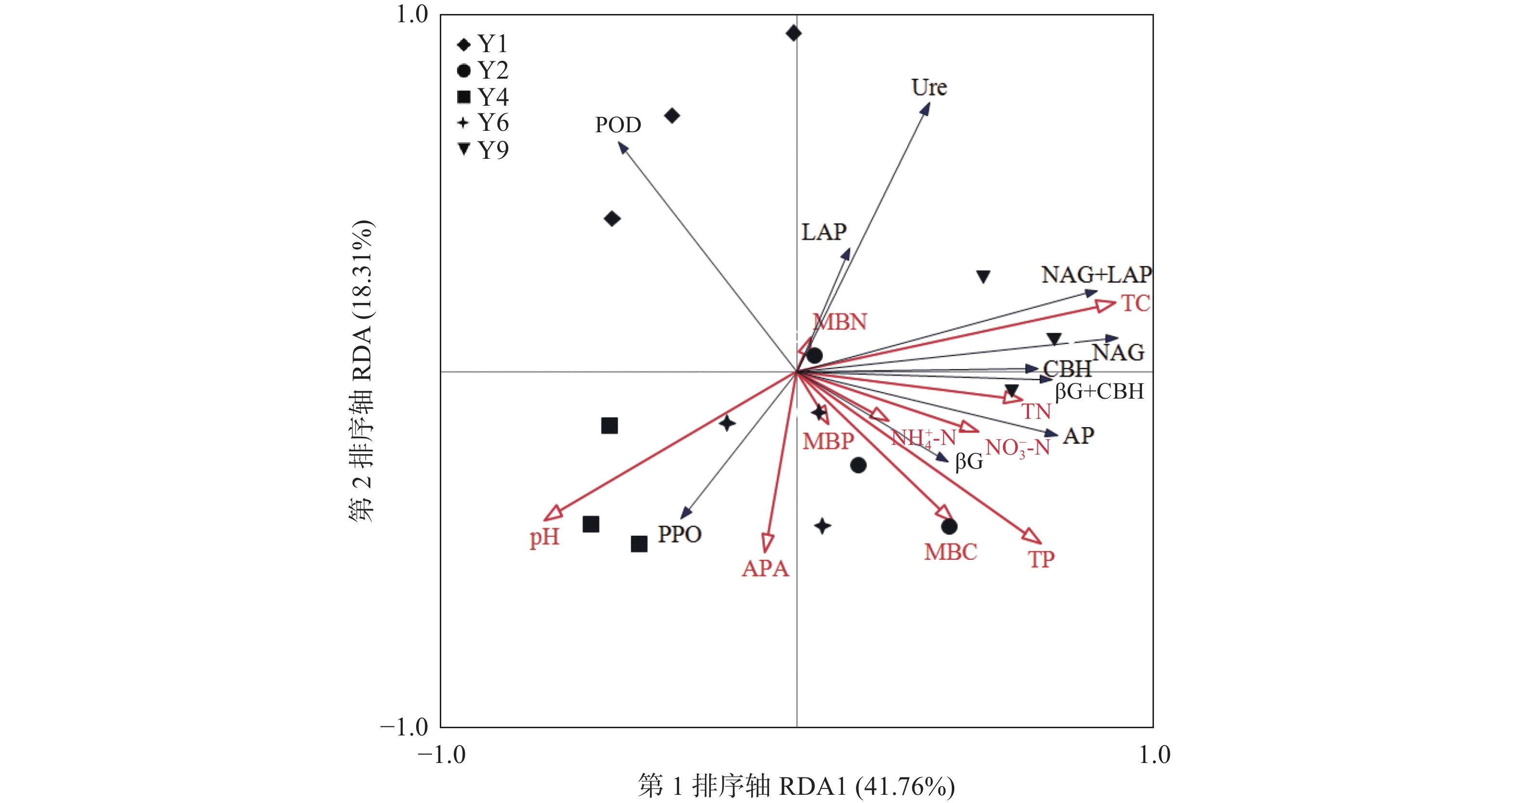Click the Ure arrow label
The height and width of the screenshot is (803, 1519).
coord(929,87)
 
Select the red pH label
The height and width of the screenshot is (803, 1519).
coord(543,537)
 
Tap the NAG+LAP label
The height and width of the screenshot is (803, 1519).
coord(1096,275)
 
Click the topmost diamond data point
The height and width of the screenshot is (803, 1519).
coord(794,33)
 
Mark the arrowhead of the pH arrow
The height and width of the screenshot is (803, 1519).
coord(553,513)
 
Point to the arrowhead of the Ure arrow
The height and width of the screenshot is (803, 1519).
coord(926,109)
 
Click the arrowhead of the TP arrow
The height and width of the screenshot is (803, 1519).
coord(1032,536)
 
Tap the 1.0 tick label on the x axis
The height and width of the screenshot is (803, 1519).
coord(1154,755)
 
